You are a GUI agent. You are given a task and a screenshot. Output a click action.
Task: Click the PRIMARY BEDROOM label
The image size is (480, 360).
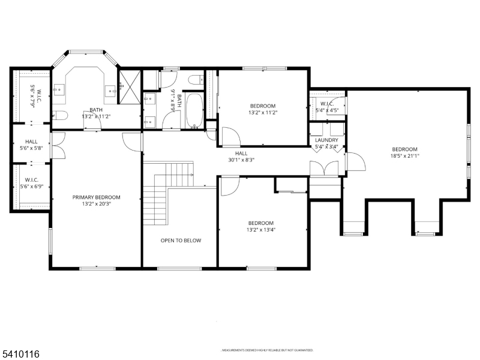pos(96,197)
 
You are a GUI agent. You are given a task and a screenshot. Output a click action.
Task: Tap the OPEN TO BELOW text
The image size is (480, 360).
pos(181,241)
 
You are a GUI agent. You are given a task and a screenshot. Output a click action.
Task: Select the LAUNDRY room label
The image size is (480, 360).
pos(326,140)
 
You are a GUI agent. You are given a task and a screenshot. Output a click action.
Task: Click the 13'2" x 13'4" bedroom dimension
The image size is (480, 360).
pos(261,229)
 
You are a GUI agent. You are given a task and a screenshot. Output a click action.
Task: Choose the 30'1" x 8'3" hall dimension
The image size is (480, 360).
pos(241,160)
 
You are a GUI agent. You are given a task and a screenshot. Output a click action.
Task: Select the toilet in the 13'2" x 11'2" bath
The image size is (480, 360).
pos(60,115)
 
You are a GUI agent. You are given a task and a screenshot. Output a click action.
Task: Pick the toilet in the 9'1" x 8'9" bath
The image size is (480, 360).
pos(196,79)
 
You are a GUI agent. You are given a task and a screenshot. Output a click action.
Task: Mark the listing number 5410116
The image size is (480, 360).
pos(20,355)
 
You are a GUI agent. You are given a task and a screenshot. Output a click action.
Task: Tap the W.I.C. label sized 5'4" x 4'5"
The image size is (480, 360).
pos(327,107)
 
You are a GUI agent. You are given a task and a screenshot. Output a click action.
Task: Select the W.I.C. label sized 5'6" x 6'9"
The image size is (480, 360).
pos(31,184)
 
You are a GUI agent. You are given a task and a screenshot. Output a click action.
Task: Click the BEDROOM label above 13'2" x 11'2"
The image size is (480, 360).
pos(262,105)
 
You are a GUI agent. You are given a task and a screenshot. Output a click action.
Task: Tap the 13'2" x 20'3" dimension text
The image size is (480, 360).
pos(96,205)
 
